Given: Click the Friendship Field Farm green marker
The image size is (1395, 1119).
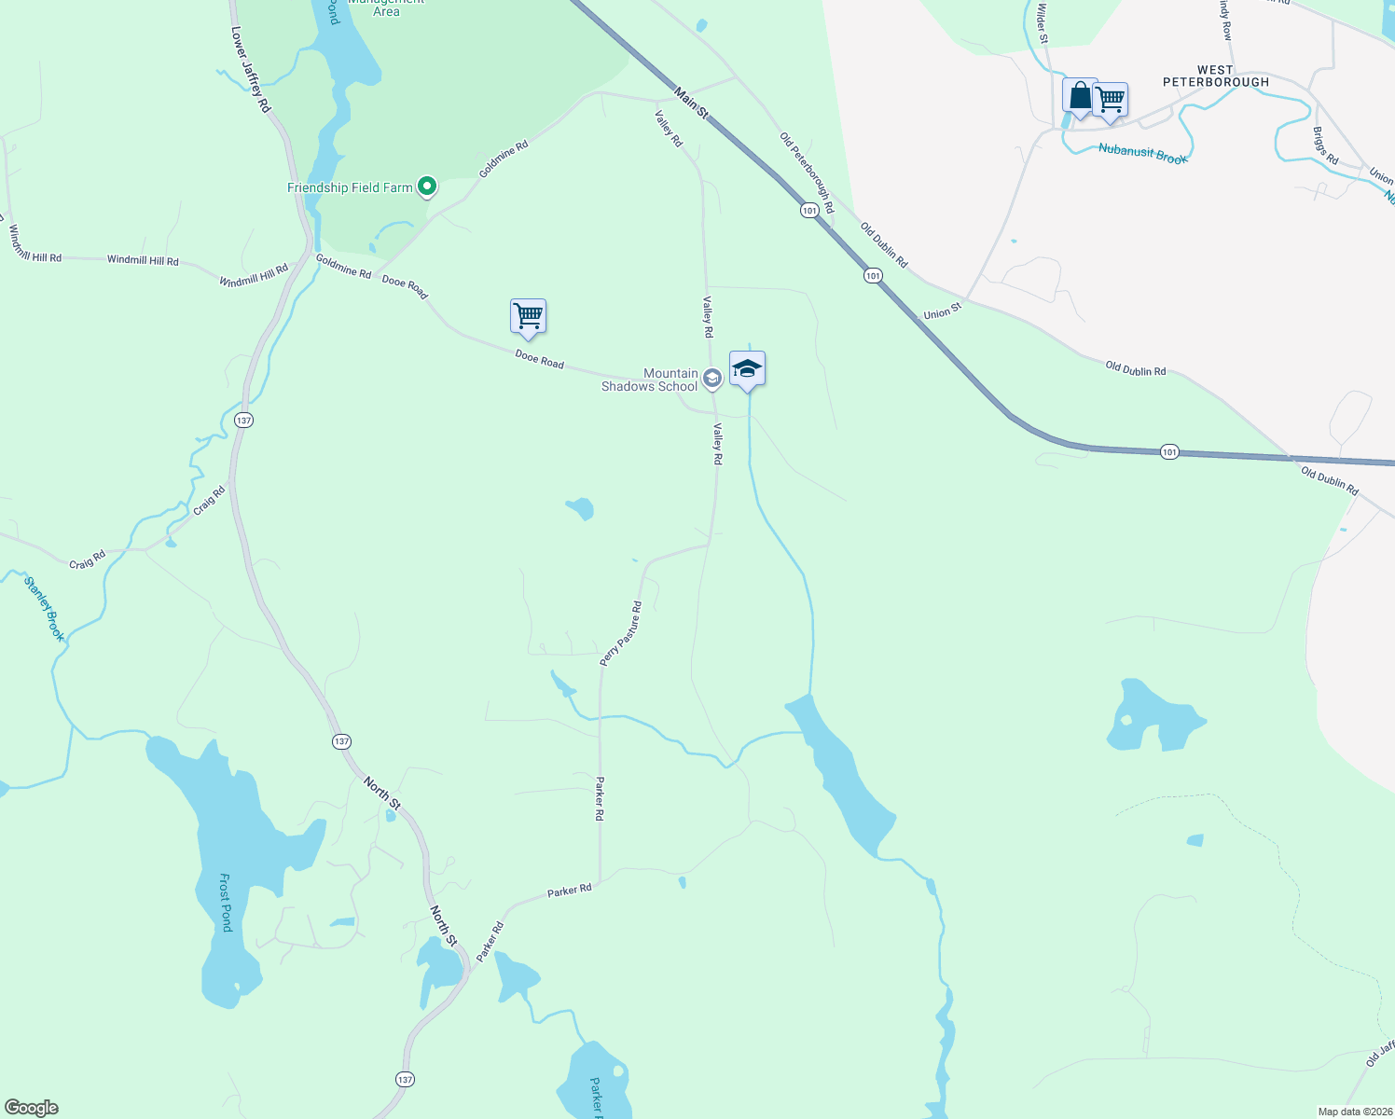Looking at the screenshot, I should tap(427, 187).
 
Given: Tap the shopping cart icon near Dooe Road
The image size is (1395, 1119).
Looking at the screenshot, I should tap(528, 317).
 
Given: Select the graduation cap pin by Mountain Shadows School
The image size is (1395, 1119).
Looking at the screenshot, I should tap(747, 369).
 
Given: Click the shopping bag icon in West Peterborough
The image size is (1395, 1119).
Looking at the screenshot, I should tap(1080, 96).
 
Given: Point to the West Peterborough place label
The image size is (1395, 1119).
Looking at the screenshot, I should tap(1215, 76).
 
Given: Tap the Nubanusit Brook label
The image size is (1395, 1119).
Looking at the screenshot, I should tap(1142, 154).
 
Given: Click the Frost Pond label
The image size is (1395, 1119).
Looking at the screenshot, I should tap(225, 902).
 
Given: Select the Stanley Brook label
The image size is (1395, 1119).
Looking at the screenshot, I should tap(45, 609).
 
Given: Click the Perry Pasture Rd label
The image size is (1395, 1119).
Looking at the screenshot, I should tap(621, 634).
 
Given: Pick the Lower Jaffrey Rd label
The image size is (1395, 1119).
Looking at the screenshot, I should tap(251, 70).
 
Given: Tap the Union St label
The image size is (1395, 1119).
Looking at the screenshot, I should tap(942, 311).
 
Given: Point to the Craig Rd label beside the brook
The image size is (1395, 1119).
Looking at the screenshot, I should tap(209, 501).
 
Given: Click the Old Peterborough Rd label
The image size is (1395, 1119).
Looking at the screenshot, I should tap(807, 173).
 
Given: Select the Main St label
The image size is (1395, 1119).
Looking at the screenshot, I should tap(691, 103).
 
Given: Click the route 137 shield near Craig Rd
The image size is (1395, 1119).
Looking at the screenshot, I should tap(243, 421).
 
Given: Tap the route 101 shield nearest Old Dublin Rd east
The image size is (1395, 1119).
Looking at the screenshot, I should tap(1169, 452).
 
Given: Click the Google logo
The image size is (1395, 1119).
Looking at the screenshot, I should tap(32, 1108).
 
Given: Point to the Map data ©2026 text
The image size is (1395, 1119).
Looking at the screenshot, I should tap(1354, 1112).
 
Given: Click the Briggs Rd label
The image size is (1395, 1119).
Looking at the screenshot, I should tap(1325, 146).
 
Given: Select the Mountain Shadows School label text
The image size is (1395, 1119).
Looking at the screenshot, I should tap(650, 380).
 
